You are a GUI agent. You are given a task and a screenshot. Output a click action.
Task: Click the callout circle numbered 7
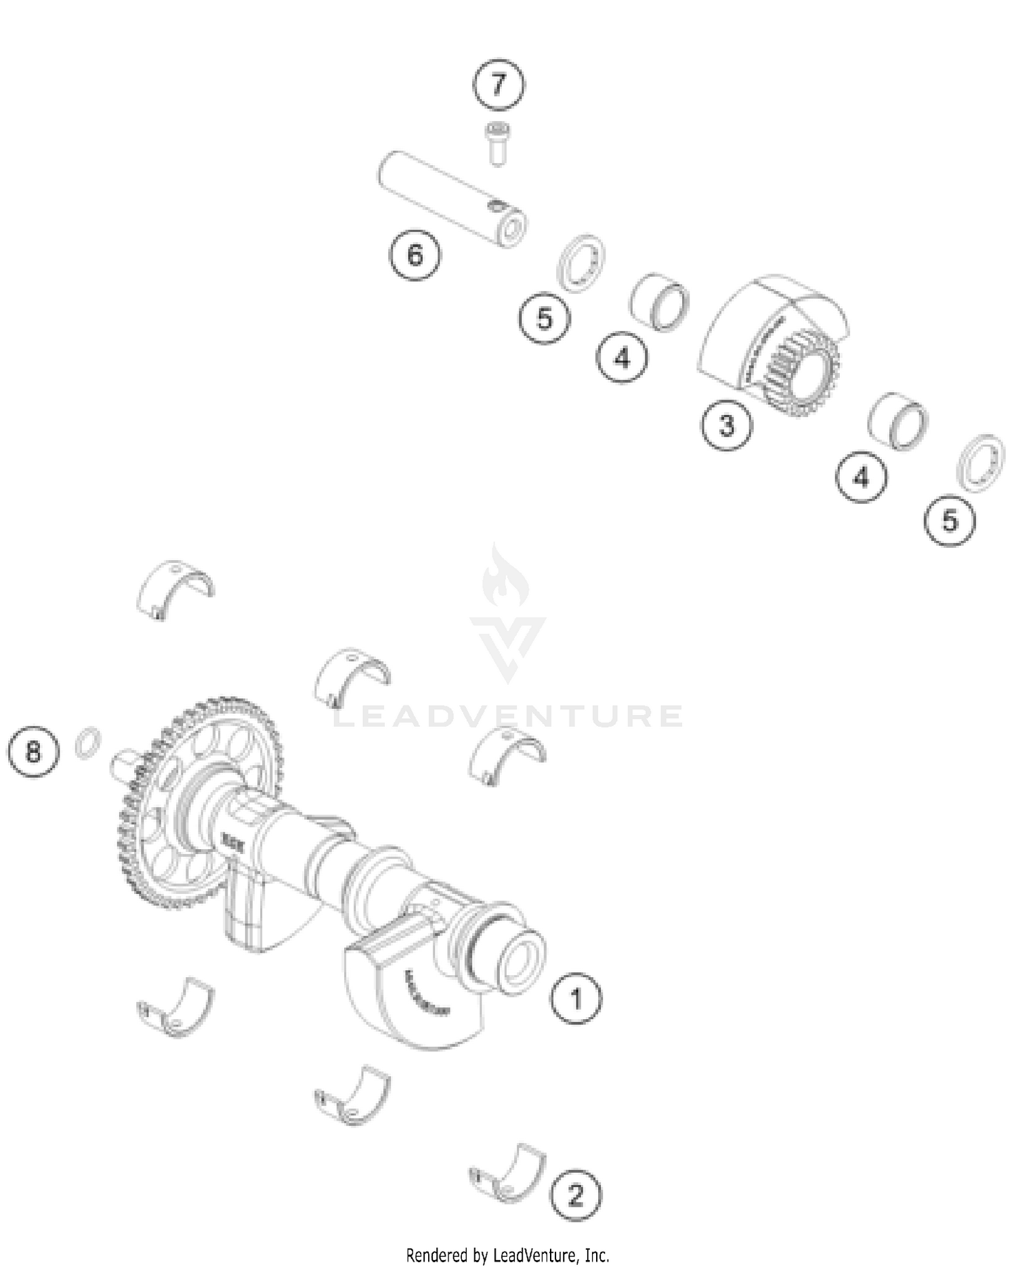(x=499, y=85)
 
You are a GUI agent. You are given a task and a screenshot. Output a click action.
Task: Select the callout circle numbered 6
(x=415, y=255)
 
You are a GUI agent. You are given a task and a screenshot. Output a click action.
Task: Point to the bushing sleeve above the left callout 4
(x=660, y=302)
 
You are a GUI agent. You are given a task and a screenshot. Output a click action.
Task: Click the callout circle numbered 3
(x=726, y=426)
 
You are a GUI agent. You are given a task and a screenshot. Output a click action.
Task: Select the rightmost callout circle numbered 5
(x=950, y=521)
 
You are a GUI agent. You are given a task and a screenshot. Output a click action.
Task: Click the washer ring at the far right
(x=980, y=463)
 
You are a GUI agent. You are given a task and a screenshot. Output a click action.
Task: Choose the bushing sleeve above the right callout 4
(x=898, y=420)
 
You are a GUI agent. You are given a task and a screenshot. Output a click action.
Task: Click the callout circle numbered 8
(x=33, y=752)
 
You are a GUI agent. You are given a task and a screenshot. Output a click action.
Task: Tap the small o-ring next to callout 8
(x=89, y=743)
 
